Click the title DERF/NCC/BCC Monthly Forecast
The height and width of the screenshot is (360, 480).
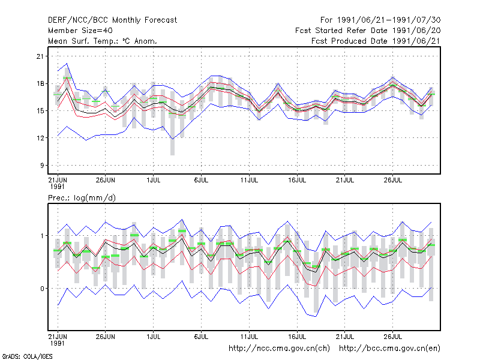112,20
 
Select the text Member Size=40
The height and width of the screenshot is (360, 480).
80,31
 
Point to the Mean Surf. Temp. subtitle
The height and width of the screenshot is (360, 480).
103,41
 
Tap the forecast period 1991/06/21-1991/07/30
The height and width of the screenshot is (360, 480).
380,20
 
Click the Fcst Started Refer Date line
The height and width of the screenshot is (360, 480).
368,31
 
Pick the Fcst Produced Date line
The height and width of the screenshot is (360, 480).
376,41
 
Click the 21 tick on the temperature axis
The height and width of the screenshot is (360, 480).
40,56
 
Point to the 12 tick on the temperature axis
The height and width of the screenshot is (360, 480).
40,138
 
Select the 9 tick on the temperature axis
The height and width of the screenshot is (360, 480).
42,166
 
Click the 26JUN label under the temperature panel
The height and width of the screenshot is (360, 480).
106,180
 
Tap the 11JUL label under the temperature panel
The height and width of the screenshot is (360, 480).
249,180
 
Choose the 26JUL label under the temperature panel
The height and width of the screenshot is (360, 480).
393,180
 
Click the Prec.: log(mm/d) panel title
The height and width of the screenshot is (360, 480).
82,198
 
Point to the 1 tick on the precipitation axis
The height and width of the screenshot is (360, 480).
42,236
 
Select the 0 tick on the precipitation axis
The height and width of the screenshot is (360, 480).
42,289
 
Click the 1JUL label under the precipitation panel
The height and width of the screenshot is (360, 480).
154,337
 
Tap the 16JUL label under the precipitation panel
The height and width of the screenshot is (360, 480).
297,337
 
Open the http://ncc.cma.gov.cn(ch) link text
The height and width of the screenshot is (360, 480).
279,349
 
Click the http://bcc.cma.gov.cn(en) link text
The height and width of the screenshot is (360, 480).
389,349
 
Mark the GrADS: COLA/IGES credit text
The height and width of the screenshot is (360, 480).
27,356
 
